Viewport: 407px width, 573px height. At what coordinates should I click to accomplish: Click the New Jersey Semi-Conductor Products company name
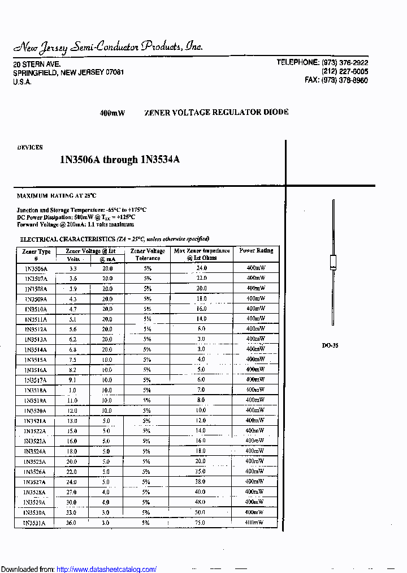107,47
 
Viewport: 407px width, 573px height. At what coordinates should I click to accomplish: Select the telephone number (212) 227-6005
344,72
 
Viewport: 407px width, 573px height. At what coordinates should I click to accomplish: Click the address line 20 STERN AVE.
37,64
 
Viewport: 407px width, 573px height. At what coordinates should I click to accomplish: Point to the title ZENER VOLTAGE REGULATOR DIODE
216,112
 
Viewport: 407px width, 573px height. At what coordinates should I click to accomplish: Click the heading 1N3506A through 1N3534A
120,160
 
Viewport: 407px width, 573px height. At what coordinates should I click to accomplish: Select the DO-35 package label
330,345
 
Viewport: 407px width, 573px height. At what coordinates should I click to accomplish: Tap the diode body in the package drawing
333,264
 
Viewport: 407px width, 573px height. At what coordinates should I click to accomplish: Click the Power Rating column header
256,250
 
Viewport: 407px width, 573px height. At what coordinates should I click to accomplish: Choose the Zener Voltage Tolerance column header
148,254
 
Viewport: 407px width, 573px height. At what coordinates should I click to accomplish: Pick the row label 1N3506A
36,268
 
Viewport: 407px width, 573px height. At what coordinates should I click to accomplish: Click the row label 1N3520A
35,410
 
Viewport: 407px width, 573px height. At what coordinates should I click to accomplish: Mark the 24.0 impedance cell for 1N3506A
202,268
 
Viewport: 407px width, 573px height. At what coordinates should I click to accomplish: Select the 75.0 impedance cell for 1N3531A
200,523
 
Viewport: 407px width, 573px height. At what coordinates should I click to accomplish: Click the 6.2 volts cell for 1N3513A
72,339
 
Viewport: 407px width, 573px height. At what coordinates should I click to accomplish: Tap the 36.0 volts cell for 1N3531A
72,523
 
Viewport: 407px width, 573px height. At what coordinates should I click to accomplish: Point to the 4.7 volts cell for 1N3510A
72,309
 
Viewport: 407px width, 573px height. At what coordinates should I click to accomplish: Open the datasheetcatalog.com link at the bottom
107,569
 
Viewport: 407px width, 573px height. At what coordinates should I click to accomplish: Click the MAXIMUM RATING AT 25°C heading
57,196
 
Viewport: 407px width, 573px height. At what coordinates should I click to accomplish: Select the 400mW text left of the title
112,113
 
